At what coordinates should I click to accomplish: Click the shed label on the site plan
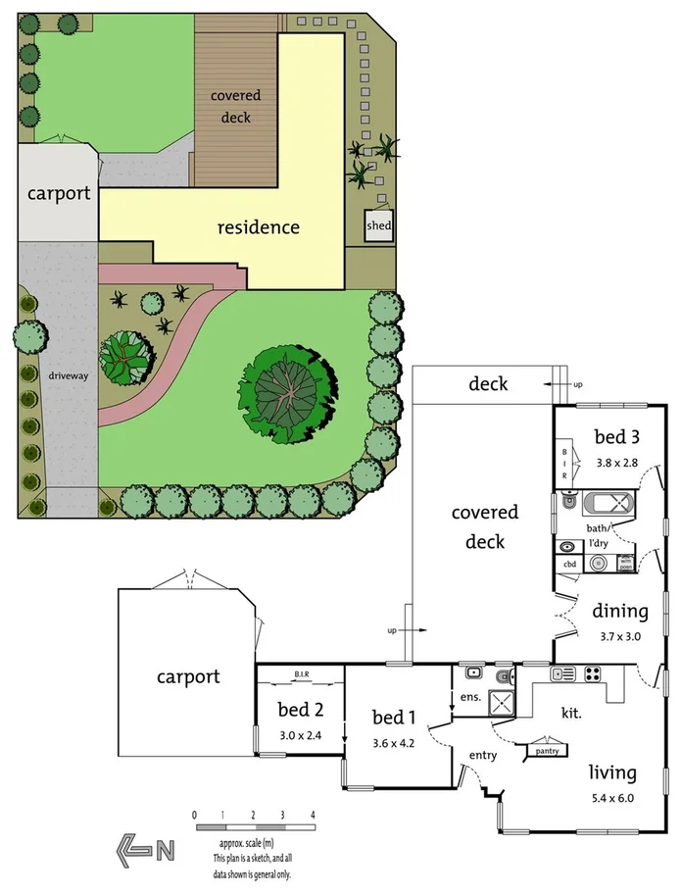[x=378, y=227]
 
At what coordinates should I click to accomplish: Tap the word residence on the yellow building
[x=258, y=227]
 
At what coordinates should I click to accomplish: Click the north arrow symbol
[x=145, y=848]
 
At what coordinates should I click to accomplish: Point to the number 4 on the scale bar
[x=313, y=816]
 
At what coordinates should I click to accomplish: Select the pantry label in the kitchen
[x=546, y=751]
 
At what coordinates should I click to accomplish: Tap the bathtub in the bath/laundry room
[x=609, y=506]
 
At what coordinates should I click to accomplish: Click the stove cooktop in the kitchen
[x=594, y=673]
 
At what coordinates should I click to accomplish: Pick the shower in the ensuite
[x=502, y=703]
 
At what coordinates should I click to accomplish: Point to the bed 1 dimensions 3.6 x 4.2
[x=394, y=743]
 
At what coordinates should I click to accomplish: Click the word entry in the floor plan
[x=483, y=755]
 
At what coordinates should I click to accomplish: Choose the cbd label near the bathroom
[x=569, y=565]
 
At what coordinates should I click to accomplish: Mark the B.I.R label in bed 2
[x=302, y=674]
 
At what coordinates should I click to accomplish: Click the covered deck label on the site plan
[x=236, y=106]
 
